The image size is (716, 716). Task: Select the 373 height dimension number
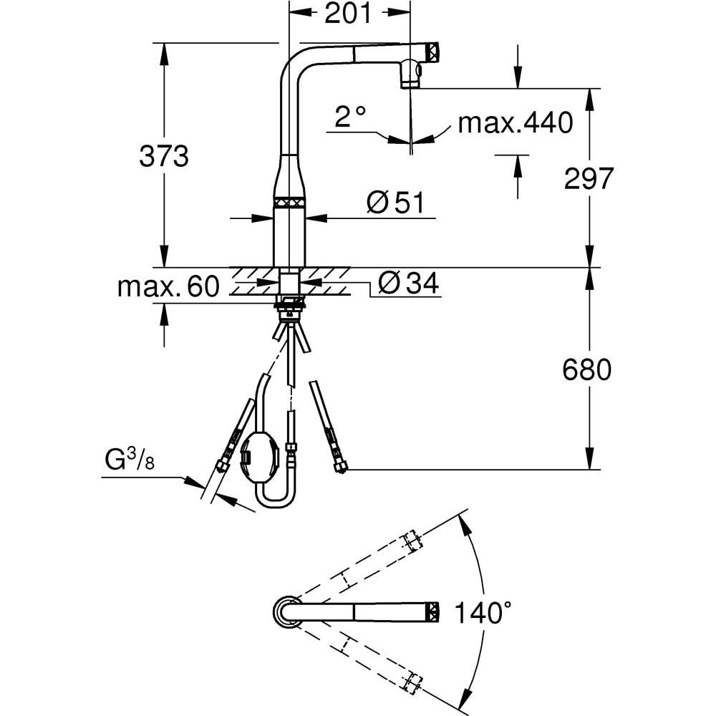pos(163,156)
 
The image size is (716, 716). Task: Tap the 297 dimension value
pos(589,178)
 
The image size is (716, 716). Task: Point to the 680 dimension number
pos(586,369)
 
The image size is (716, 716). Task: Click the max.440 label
pos(515,122)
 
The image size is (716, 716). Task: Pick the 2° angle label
pos(350,117)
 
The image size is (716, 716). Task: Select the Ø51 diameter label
pos(395,203)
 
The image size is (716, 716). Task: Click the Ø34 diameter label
pos(409,283)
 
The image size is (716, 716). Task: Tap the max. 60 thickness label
pos(168,286)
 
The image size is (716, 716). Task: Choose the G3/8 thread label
pos(130,459)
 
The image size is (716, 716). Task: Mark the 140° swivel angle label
pos(483,613)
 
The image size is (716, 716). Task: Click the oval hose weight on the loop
pos(258,457)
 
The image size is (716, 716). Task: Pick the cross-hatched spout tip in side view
pos(433,50)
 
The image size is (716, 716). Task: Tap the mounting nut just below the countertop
pos(289,302)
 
